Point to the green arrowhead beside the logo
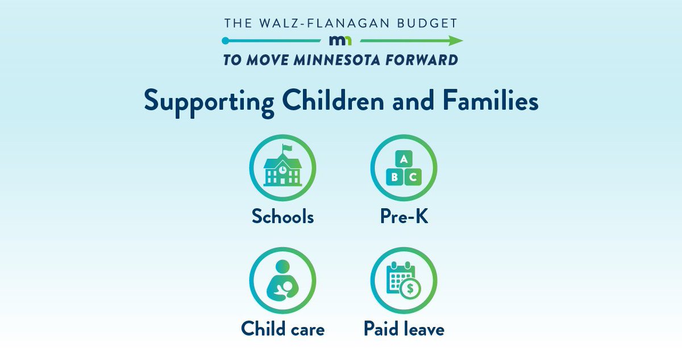click(456, 41)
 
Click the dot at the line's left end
click(226, 41)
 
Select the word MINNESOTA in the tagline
click(326, 60)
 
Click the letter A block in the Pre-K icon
click(404, 160)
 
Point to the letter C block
click(413, 177)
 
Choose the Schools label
click(282, 217)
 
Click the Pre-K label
click(404, 217)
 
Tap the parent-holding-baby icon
click(282, 283)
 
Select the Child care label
click(282, 329)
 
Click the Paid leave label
click(404, 329)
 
